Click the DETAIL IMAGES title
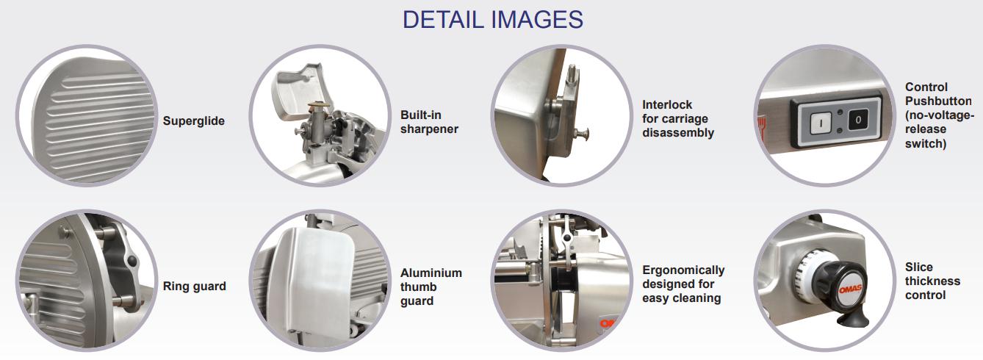point(492,20)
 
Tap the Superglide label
point(193,120)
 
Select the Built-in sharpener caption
point(429,122)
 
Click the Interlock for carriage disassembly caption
point(678,118)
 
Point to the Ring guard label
point(195,287)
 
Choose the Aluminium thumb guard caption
point(431,287)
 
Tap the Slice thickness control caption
point(932,281)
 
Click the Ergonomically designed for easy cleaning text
point(683,284)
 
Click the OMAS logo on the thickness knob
point(849,289)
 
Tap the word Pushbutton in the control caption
point(938,101)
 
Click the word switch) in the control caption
point(926,143)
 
